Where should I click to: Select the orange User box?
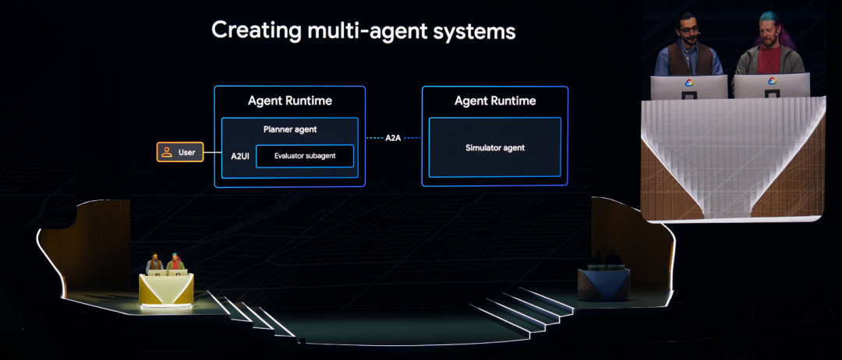point(180,152)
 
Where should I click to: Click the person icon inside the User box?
point(167,152)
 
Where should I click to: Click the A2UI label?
point(239,156)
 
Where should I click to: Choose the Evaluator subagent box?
point(305,156)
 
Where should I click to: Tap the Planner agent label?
point(290,129)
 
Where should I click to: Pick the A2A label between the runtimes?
point(394,138)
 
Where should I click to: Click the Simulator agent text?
point(495,147)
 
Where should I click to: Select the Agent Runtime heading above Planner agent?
point(290,101)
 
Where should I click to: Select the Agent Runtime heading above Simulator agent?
point(495,101)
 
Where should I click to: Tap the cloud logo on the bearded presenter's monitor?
point(689,83)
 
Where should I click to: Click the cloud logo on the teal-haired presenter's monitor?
point(772,81)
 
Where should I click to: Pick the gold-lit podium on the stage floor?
point(165,288)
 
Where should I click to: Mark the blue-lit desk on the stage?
point(604,282)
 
